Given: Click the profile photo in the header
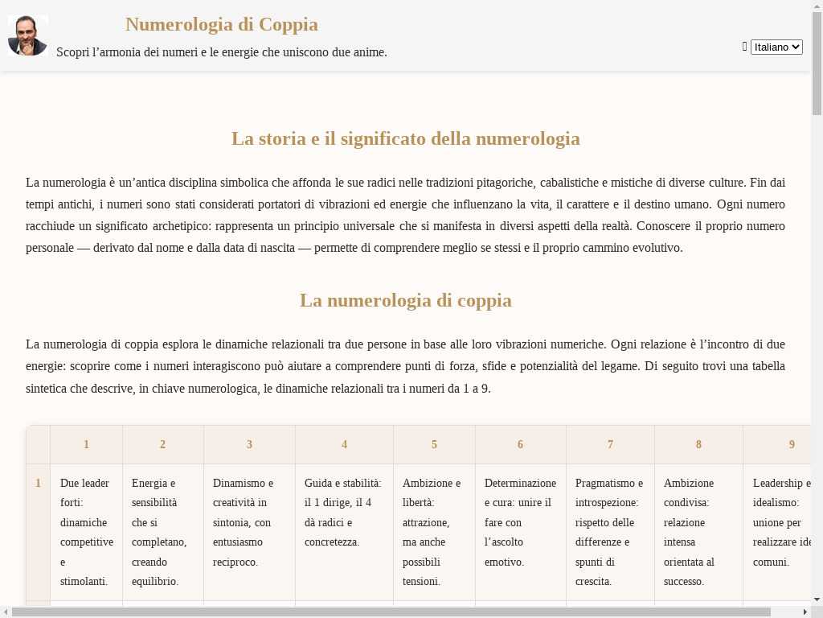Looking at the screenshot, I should (28, 35).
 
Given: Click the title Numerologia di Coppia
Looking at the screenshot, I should (222, 24).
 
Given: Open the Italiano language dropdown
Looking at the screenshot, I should (776, 47).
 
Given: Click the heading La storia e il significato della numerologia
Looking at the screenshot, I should (406, 138).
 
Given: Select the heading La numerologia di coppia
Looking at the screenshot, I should (406, 300).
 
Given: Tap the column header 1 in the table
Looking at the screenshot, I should (86, 444).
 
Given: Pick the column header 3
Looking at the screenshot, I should (249, 444).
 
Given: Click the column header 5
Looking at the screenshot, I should (434, 444).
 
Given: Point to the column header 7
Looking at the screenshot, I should (610, 444).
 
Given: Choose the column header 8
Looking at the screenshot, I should (698, 444).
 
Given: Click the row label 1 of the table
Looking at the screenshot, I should (38, 484).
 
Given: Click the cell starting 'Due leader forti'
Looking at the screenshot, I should (86, 532).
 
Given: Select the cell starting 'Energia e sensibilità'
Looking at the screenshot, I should (162, 532).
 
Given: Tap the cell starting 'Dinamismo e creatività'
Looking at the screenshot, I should (249, 522).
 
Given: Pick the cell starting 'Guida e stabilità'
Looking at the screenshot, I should (344, 513).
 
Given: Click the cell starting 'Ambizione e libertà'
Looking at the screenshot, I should (434, 532).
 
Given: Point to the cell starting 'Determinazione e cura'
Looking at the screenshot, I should (520, 522).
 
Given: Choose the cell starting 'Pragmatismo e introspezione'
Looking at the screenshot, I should (610, 532).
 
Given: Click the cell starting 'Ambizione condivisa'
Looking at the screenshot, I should (698, 532).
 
